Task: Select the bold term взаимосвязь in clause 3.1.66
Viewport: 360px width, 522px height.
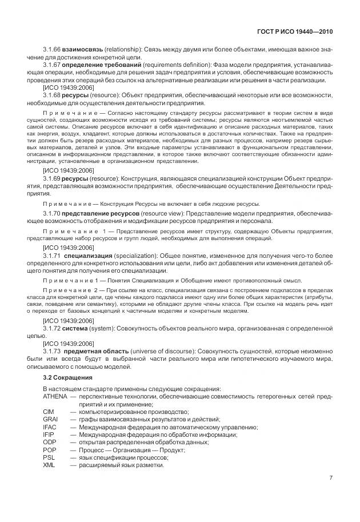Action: (x=80, y=50)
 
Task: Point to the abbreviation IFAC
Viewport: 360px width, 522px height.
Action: (x=50, y=427)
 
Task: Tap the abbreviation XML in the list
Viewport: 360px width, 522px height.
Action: (x=49, y=464)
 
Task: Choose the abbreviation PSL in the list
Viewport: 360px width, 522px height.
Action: (x=49, y=457)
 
